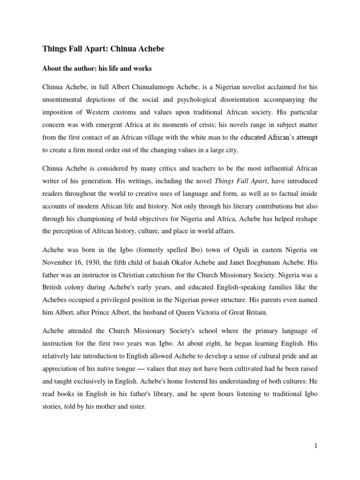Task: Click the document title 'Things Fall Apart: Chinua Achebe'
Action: (x=104, y=48)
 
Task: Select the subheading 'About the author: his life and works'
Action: (x=97, y=69)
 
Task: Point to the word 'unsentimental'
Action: (x=64, y=100)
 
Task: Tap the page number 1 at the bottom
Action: (x=316, y=446)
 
